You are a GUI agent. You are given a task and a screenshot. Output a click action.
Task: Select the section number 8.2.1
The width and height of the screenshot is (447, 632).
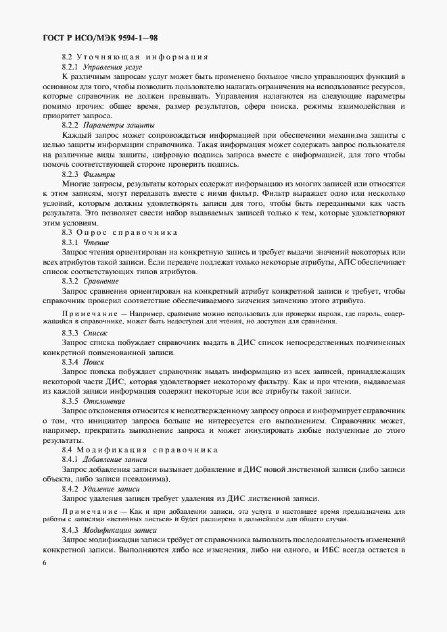click(71, 68)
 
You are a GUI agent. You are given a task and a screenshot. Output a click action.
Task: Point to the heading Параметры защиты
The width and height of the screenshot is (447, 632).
click(114, 126)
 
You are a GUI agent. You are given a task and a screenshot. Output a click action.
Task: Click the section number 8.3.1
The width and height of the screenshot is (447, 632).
click(71, 242)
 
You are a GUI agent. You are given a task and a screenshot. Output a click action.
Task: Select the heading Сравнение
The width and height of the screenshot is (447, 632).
click(102, 280)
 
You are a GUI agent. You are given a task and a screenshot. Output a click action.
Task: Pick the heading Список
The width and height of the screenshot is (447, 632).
click(97, 334)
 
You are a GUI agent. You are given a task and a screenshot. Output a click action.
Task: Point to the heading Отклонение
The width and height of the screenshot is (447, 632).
click(102, 400)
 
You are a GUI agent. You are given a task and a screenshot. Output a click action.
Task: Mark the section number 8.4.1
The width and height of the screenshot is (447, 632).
click(71, 459)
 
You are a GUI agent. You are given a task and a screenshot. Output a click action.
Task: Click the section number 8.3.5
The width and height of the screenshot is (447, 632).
click(71, 400)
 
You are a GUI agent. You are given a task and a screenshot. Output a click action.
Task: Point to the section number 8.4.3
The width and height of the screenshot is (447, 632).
click(71, 531)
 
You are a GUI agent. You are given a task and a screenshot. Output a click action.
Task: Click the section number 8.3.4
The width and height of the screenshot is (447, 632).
click(71, 362)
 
